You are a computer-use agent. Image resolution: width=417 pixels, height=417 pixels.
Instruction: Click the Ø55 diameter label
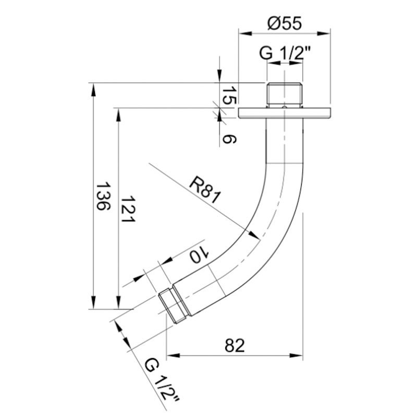(285, 23)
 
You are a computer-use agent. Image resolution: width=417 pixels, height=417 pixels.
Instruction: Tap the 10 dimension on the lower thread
(200, 255)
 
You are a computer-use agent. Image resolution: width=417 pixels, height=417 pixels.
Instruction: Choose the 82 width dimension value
(235, 345)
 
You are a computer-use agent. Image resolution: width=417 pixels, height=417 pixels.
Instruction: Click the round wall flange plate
(285, 113)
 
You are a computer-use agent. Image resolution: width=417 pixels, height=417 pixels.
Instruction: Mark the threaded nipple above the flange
(285, 94)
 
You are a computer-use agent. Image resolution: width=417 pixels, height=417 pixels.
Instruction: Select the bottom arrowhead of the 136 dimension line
(93, 304)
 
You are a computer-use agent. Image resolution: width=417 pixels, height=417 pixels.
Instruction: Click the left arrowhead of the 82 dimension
(171, 356)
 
